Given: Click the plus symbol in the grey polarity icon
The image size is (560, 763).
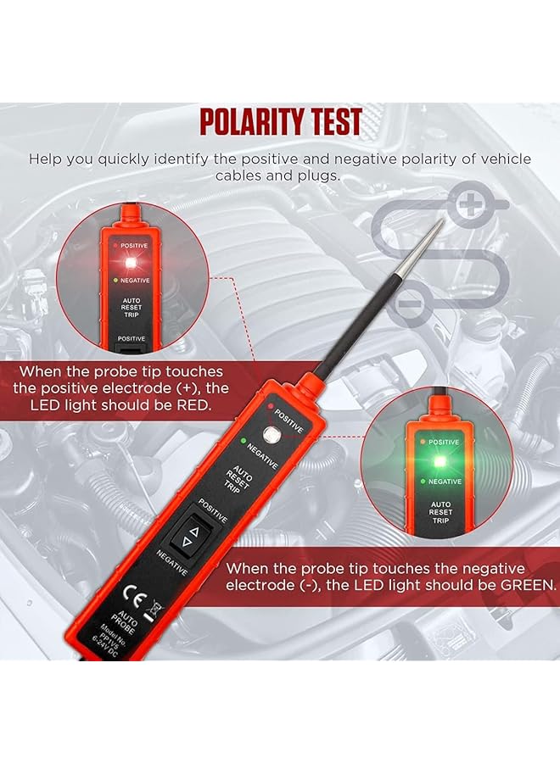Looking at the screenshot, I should [x=469, y=204].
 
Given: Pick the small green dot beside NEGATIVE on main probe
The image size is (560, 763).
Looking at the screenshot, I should [x=243, y=440].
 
